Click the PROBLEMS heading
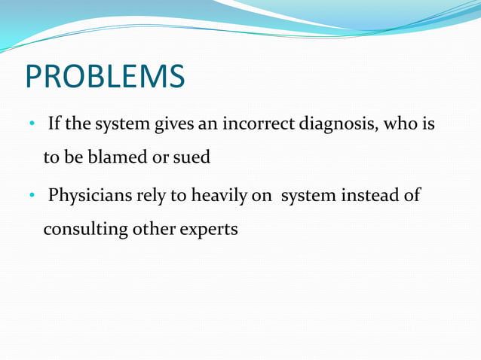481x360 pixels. tap(105, 76)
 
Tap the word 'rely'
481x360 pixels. tap(149, 197)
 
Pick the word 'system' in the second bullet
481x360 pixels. tap(302, 198)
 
